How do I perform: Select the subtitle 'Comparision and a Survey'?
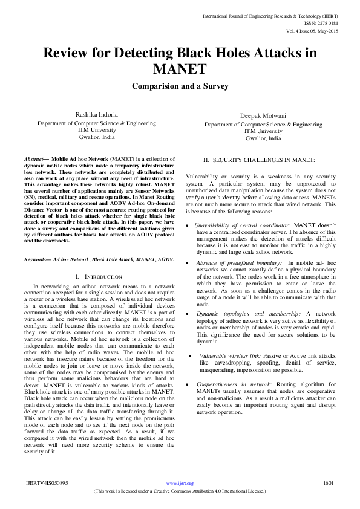tap(180, 86)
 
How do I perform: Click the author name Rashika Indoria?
tap(96, 114)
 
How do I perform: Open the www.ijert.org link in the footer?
tap(180, 484)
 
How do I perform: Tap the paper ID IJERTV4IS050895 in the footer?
tap(47, 484)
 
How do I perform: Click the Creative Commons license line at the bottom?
tap(180, 491)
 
